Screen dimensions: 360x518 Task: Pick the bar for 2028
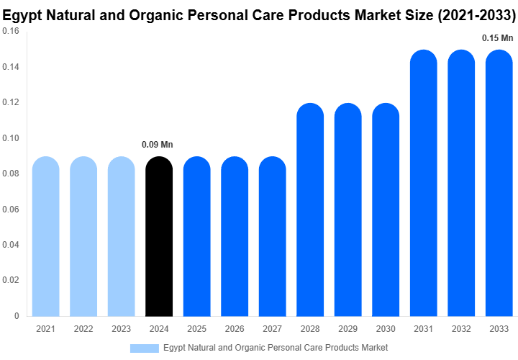310,210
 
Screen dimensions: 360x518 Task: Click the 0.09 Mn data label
158,145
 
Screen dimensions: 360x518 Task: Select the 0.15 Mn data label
498,38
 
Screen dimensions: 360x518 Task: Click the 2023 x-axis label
121,329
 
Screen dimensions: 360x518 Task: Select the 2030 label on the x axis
386,329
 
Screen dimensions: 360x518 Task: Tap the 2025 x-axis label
196,329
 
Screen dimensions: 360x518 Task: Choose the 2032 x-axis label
461,329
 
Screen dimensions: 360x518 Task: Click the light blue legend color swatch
144,348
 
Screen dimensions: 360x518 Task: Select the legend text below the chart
275,348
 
